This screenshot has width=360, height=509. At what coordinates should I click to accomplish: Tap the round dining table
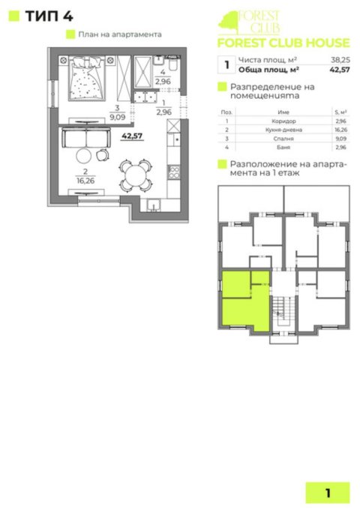coord(134,175)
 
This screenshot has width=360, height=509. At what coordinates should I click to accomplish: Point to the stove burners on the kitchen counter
coord(174,172)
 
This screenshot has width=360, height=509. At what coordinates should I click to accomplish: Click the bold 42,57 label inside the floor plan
coord(131,136)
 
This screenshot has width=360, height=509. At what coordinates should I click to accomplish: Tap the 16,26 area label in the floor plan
coord(79,180)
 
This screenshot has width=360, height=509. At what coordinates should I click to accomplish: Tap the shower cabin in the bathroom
coord(141,73)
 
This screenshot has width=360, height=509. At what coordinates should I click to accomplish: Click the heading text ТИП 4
coord(45,15)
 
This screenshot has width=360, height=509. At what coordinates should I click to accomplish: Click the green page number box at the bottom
coord(328,493)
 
